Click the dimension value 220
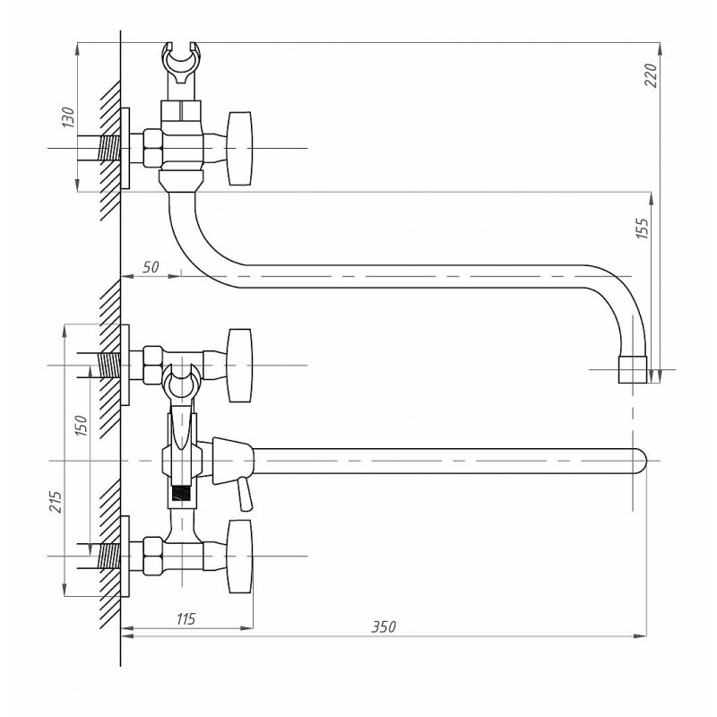point(652,74)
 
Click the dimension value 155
point(642,228)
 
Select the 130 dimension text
point(68,117)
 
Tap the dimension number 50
point(150,267)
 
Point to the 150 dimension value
point(81,425)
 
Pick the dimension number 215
point(55,502)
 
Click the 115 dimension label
point(186,618)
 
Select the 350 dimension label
point(384,626)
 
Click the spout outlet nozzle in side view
point(633,369)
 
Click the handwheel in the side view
point(240,148)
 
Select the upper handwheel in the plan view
point(240,366)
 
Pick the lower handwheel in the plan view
point(240,557)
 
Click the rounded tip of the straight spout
point(641,461)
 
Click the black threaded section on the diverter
point(181,492)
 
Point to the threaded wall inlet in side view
point(109,148)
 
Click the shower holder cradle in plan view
point(181,383)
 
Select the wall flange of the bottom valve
point(125,557)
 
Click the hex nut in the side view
point(152,148)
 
